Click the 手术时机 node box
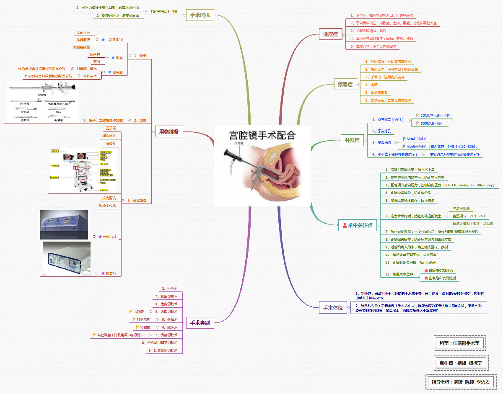[200, 15]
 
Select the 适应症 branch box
[330, 34]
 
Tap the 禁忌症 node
[345, 84]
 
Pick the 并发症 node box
[352, 140]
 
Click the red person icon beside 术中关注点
[345, 225]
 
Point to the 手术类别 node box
[200, 323]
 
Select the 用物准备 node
[169, 131]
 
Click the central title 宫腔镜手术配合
[262, 135]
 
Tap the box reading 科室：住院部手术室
[460, 343]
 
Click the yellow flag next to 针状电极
[134, 319]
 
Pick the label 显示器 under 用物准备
[111, 128]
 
